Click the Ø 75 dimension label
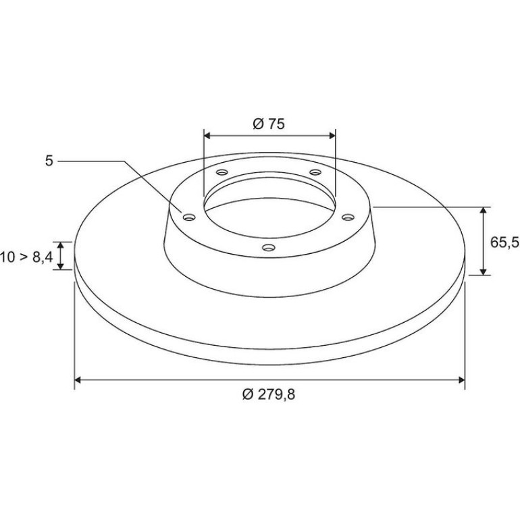pyautogui.click(x=269, y=124)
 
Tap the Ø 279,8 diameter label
pyautogui.click(x=269, y=394)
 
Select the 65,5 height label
pyautogui.click(x=504, y=242)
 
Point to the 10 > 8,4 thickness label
pyautogui.click(x=26, y=257)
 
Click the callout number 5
pyautogui.click(x=49, y=161)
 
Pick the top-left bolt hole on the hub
pyautogui.click(x=222, y=172)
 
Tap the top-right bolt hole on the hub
pyautogui.click(x=315, y=172)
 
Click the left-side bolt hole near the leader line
pyautogui.click(x=189, y=217)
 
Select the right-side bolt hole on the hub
pyautogui.click(x=348, y=217)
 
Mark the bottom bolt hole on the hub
pyautogui.click(x=269, y=247)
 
